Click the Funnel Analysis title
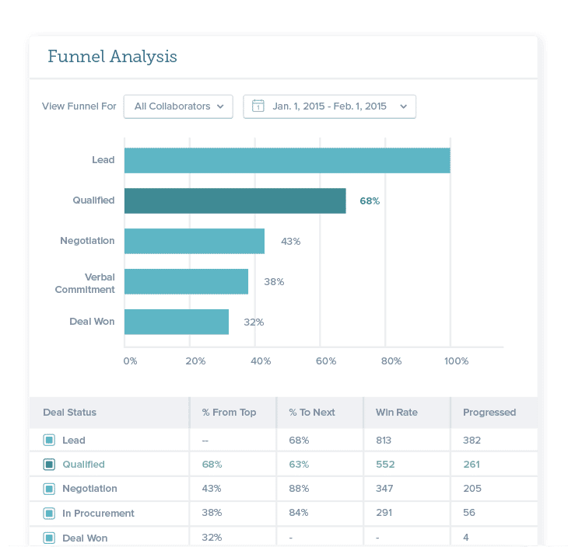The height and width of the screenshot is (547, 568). click(112, 57)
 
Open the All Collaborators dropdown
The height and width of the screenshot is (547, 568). click(178, 106)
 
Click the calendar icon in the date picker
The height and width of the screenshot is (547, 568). click(258, 106)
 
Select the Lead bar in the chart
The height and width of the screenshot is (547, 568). click(287, 160)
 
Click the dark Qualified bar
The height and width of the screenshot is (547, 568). click(235, 200)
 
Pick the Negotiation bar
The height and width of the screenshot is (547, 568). click(195, 241)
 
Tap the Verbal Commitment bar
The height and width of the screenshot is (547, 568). click(186, 281)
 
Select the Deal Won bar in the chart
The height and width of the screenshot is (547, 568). click(177, 322)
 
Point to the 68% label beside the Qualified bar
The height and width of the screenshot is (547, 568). click(370, 200)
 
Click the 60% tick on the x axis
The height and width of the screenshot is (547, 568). click(325, 361)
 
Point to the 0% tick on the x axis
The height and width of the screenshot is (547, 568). click(130, 361)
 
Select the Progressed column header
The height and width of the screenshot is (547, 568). click(489, 413)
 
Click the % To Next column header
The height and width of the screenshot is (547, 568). click(312, 413)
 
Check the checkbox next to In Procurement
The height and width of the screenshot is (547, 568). click(49, 514)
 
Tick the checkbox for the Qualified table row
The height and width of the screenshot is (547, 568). click(49, 465)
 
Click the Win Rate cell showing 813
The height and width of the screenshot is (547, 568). click(384, 441)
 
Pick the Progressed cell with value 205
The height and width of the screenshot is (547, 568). click(472, 489)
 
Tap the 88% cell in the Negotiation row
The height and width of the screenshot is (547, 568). click(299, 489)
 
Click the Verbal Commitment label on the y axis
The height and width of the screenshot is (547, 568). click(85, 283)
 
